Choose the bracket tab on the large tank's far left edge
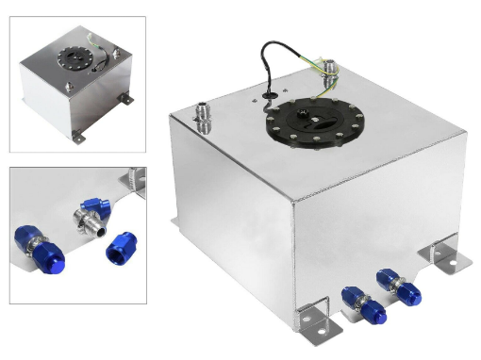[174, 223]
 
